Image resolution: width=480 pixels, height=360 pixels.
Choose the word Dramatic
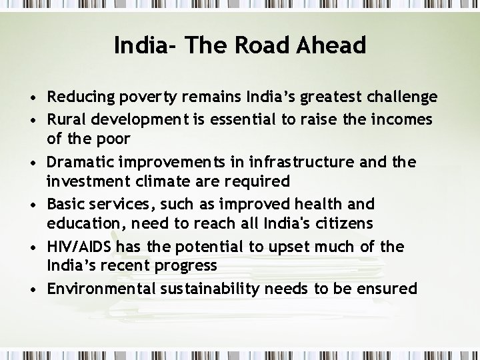(x=79, y=162)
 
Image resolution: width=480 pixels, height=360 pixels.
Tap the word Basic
(x=65, y=204)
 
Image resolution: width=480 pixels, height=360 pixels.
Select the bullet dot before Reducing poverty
(x=33, y=99)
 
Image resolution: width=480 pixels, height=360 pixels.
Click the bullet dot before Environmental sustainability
(x=33, y=289)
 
